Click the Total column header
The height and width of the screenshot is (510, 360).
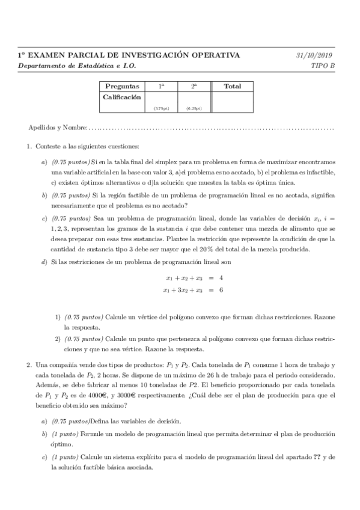(x=232, y=87)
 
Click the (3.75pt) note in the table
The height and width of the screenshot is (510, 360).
(x=161, y=108)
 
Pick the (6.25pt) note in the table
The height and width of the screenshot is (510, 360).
(x=194, y=108)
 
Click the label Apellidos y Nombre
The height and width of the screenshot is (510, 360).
(x=58, y=128)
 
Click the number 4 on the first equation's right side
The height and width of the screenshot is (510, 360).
(x=222, y=278)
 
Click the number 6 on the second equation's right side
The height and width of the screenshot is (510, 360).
(x=222, y=290)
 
